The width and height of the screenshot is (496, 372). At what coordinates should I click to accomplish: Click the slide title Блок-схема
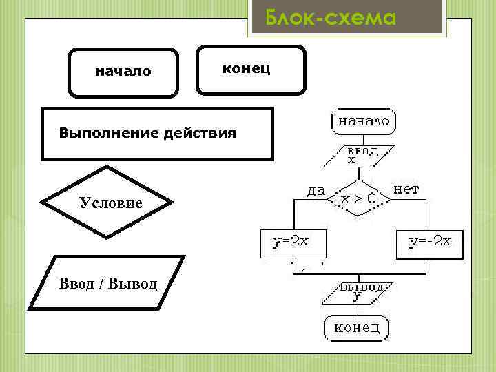[x=331, y=17]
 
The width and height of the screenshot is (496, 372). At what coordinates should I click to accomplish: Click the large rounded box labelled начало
[x=123, y=72]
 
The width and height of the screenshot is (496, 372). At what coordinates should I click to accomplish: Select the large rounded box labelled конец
[x=250, y=69]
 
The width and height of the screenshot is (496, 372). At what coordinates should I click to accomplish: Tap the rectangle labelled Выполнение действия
[x=157, y=133]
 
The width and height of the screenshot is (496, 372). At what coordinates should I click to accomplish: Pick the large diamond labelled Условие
[x=107, y=202]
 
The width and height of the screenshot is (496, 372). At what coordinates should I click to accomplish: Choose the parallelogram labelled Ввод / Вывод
[x=107, y=283]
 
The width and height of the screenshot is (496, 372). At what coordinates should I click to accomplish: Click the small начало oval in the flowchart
[x=363, y=122]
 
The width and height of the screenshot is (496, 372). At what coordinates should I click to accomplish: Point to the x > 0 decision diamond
[x=359, y=198]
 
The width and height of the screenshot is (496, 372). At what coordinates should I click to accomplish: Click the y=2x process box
[x=293, y=242]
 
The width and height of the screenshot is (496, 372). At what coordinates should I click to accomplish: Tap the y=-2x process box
[x=430, y=242]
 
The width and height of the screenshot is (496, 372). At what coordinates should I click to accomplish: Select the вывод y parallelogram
[x=357, y=292]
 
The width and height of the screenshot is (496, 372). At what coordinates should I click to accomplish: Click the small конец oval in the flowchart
[x=356, y=328]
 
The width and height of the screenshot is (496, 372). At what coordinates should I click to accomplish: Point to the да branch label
[x=316, y=190]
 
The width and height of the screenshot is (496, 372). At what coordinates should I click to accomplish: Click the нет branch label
[x=406, y=188]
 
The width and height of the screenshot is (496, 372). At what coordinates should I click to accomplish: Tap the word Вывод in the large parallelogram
[x=135, y=283]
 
